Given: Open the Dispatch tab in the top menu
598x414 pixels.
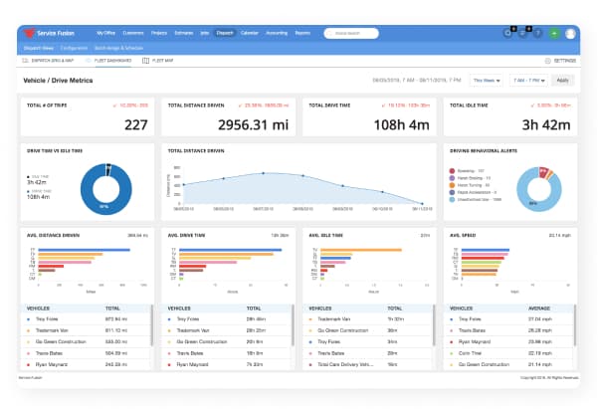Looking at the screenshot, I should click(x=225, y=33).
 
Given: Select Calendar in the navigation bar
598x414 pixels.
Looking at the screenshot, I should click(x=251, y=33).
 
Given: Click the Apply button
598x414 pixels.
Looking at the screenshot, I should click(x=563, y=80).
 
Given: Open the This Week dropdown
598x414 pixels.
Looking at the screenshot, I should click(x=485, y=80).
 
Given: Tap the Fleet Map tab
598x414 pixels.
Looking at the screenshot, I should click(x=160, y=61).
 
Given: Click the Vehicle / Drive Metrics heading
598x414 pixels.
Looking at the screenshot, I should click(x=58, y=80).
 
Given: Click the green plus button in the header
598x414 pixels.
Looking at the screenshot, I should click(x=554, y=33).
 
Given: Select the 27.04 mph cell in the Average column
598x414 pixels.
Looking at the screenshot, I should click(x=538, y=319).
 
